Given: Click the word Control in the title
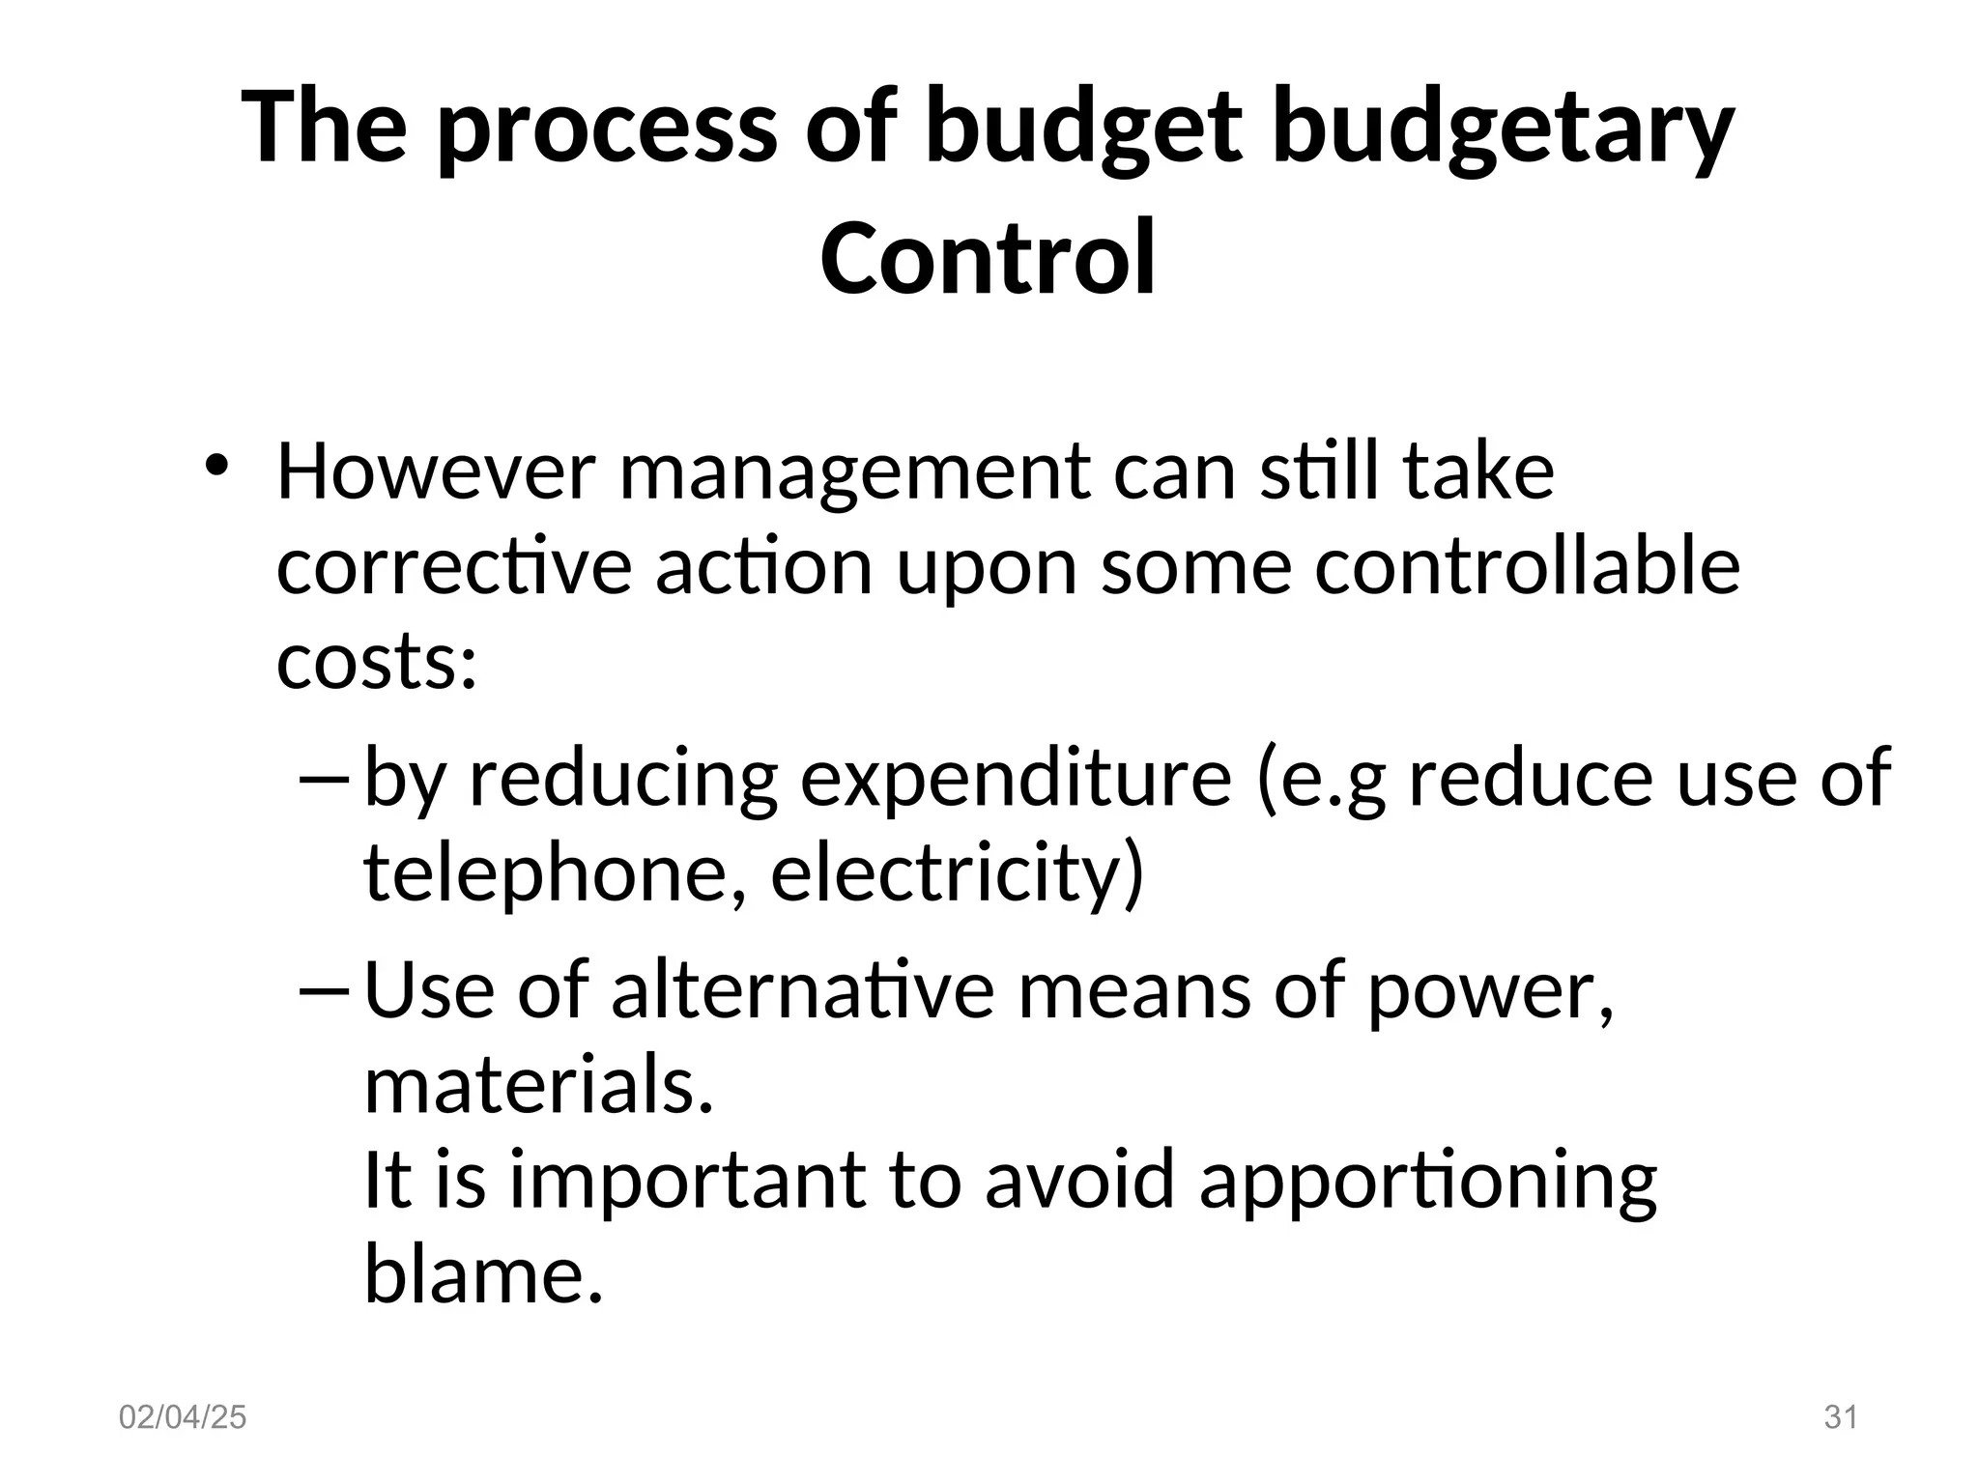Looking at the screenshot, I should (x=988, y=258).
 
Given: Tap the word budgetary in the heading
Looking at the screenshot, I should (x=1504, y=128).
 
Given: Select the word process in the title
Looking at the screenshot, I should (x=607, y=128).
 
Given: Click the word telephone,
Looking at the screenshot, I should (x=555, y=872).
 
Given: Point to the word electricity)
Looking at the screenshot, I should (x=957, y=872).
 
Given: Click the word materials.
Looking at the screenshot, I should (x=538, y=1085).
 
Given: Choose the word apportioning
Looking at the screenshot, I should (x=1428, y=1181).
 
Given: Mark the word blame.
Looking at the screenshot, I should (x=483, y=1273).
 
